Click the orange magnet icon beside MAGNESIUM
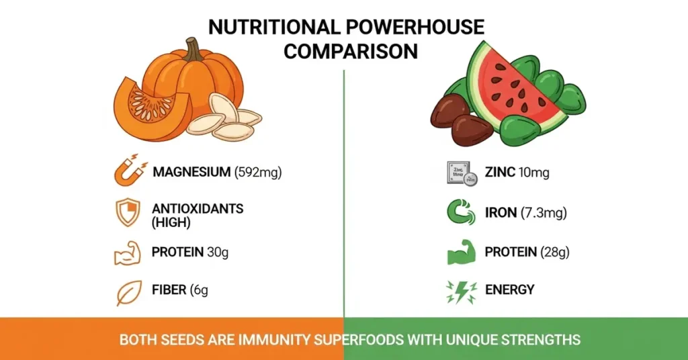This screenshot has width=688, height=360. pyautogui.click(x=130, y=171)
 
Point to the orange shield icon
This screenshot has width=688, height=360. pyautogui.click(x=128, y=213)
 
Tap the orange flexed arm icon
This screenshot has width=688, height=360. pyautogui.click(x=128, y=253)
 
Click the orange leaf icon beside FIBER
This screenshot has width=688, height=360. pyautogui.click(x=128, y=291)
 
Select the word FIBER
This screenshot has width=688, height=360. pyautogui.click(x=169, y=290)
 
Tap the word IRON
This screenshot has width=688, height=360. pyautogui.click(x=500, y=213)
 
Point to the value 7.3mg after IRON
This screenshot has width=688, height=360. pyautogui.click(x=544, y=213)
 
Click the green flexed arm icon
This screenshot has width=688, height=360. pyautogui.click(x=462, y=253)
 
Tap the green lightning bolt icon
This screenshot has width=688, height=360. pyautogui.click(x=462, y=291)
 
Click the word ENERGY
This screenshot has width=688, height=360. pyautogui.click(x=509, y=290)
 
